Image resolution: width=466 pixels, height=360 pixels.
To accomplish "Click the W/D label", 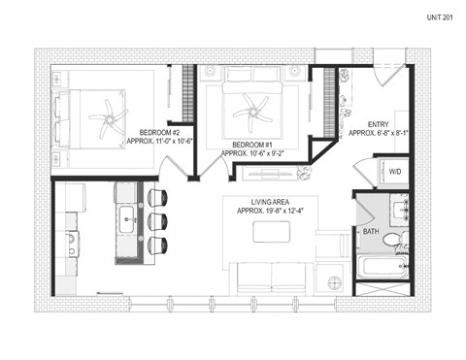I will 395,171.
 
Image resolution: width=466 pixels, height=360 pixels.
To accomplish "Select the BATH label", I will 371,232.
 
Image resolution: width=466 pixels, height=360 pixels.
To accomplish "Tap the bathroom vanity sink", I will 398,210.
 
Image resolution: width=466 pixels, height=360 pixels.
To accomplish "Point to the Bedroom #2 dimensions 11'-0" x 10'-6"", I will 160,142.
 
